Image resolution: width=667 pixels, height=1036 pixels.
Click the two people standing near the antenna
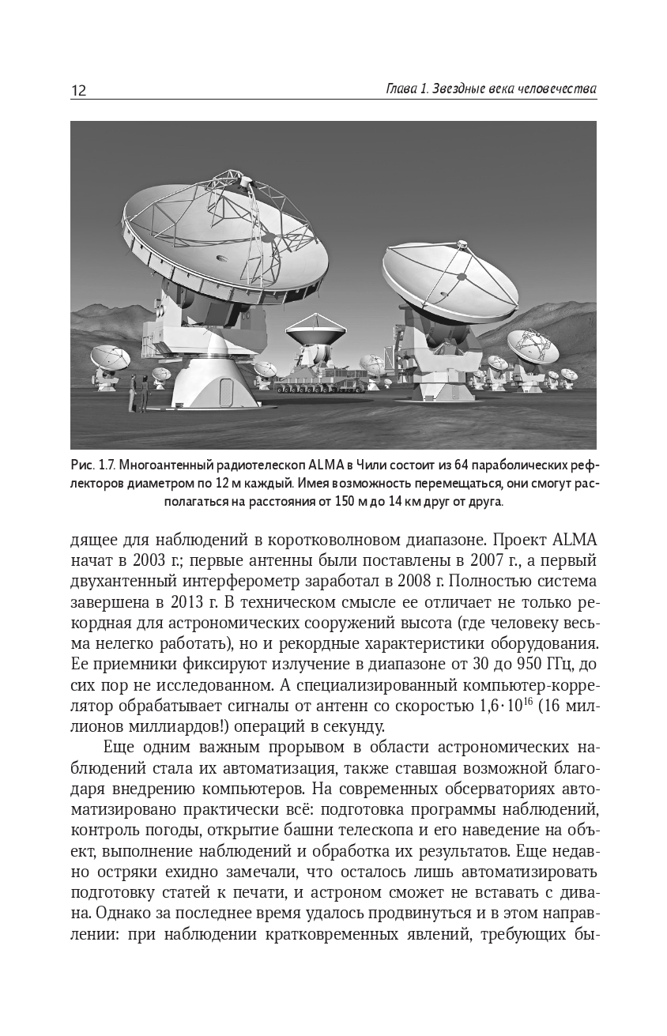(139, 393)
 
